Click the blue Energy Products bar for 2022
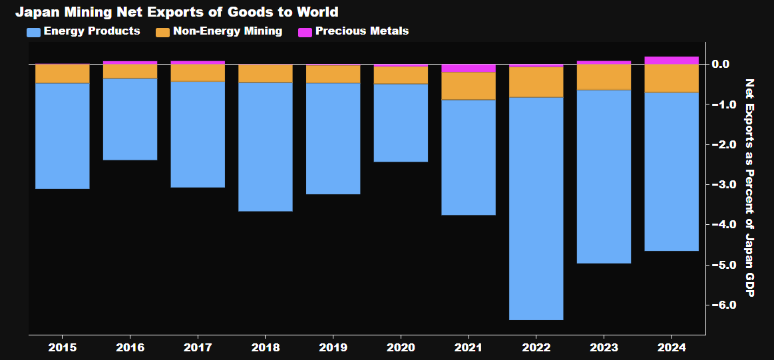pos(536,208)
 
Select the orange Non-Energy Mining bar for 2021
pos(469,86)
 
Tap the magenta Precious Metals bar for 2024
pos(672,61)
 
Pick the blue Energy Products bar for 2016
pos(130,119)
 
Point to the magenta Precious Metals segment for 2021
pos(469,68)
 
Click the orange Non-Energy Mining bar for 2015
pos(62,74)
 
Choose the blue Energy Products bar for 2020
pos(401,122)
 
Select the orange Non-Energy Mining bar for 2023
pos(604,77)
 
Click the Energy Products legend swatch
pos(33,31)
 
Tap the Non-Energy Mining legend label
pos(227,31)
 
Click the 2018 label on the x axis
pos(266,347)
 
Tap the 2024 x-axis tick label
pos(672,347)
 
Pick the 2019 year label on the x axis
pos(333,347)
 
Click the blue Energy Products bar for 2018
pos(266,146)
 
